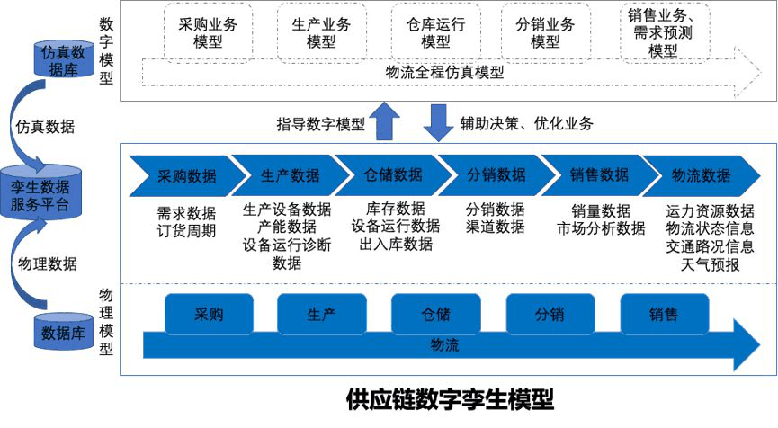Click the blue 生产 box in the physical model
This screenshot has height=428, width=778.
pos(321,315)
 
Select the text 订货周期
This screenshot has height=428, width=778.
pos(186,227)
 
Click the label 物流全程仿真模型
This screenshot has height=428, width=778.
pos(444,72)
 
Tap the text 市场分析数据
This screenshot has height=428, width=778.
pos(601,227)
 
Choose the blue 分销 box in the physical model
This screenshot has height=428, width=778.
pos(550,315)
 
